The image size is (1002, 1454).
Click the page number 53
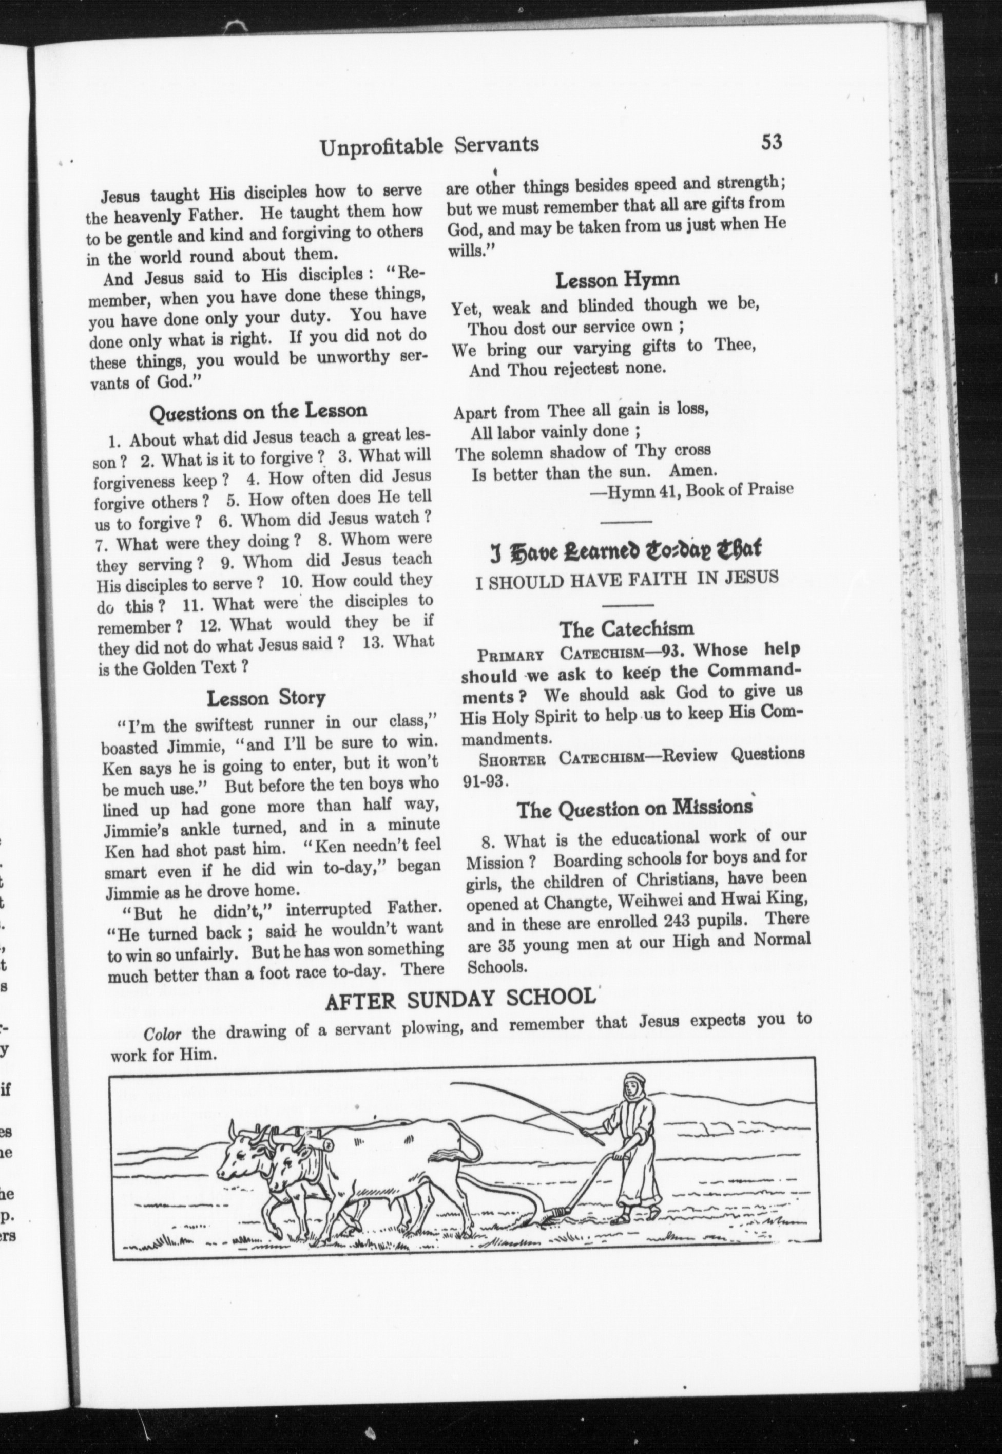pyautogui.click(x=772, y=143)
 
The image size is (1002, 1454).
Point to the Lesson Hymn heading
pyautogui.click(x=617, y=279)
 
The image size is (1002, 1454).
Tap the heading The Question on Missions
pyautogui.click(x=634, y=810)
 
